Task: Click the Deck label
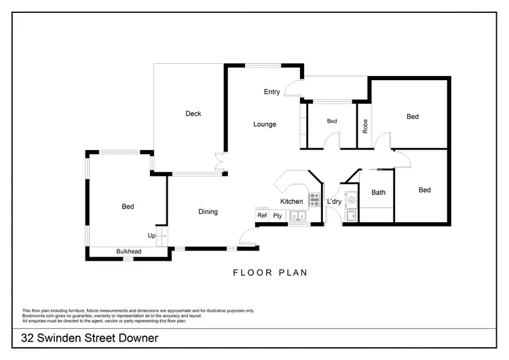pyautogui.click(x=193, y=113)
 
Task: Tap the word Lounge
pyautogui.click(x=265, y=124)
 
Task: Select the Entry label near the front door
pyautogui.click(x=272, y=92)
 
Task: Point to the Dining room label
pyautogui.click(x=208, y=212)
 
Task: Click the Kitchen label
pyautogui.click(x=292, y=202)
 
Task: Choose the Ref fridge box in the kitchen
pyautogui.click(x=262, y=216)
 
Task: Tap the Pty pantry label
pyautogui.click(x=278, y=216)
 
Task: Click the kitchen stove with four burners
pyautogui.click(x=314, y=200)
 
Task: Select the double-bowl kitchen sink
pyautogui.click(x=298, y=217)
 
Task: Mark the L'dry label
pyautogui.click(x=334, y=202)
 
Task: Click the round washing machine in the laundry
pyautogui.click(x=351, y=200)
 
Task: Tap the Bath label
pyautogui.click(x=378, y=192)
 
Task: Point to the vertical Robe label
pyautogui.click(x=365, y=126)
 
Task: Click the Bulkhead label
pyautogui.click(x=128, y=252)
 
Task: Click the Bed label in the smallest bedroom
pyautogui.click(x=332, y=122)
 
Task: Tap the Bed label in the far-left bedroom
pyautogui.click(x=128, y=206)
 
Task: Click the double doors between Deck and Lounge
pyautogui.click(x=219, y=164)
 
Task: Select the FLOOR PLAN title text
pyautogui.click(x=270, y=273)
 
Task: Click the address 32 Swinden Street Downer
pyautogui.click(x=90, y=338)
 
